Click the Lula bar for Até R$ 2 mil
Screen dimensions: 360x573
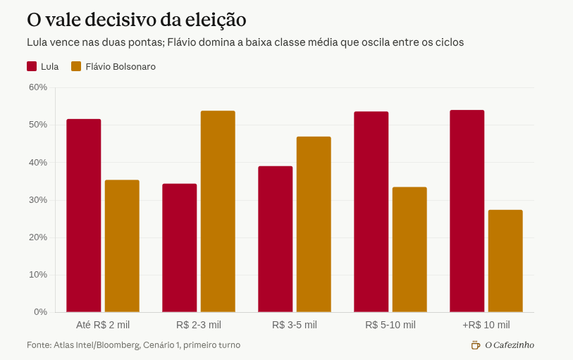[84, 216]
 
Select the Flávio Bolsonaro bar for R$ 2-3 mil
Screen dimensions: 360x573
[218, 211]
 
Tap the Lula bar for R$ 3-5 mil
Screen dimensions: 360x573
[275, 239]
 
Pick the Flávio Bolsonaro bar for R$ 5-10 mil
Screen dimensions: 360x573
[409, 249]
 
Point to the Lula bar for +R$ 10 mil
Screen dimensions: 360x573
[467, 211]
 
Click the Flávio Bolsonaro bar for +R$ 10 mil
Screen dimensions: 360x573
[505, 261]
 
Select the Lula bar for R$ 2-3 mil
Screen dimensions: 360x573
[180, 248]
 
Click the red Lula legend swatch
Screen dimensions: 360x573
[32, 66]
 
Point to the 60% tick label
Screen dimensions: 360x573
[38, 87]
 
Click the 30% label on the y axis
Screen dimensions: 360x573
[38, 200]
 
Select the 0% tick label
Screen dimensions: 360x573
[41, 312]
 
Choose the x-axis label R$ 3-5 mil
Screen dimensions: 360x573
[295, 325]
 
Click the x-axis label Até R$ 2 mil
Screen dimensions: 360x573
[103, 325]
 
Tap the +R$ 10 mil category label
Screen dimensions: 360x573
[486, 325]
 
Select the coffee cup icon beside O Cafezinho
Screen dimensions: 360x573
[476, 345]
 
